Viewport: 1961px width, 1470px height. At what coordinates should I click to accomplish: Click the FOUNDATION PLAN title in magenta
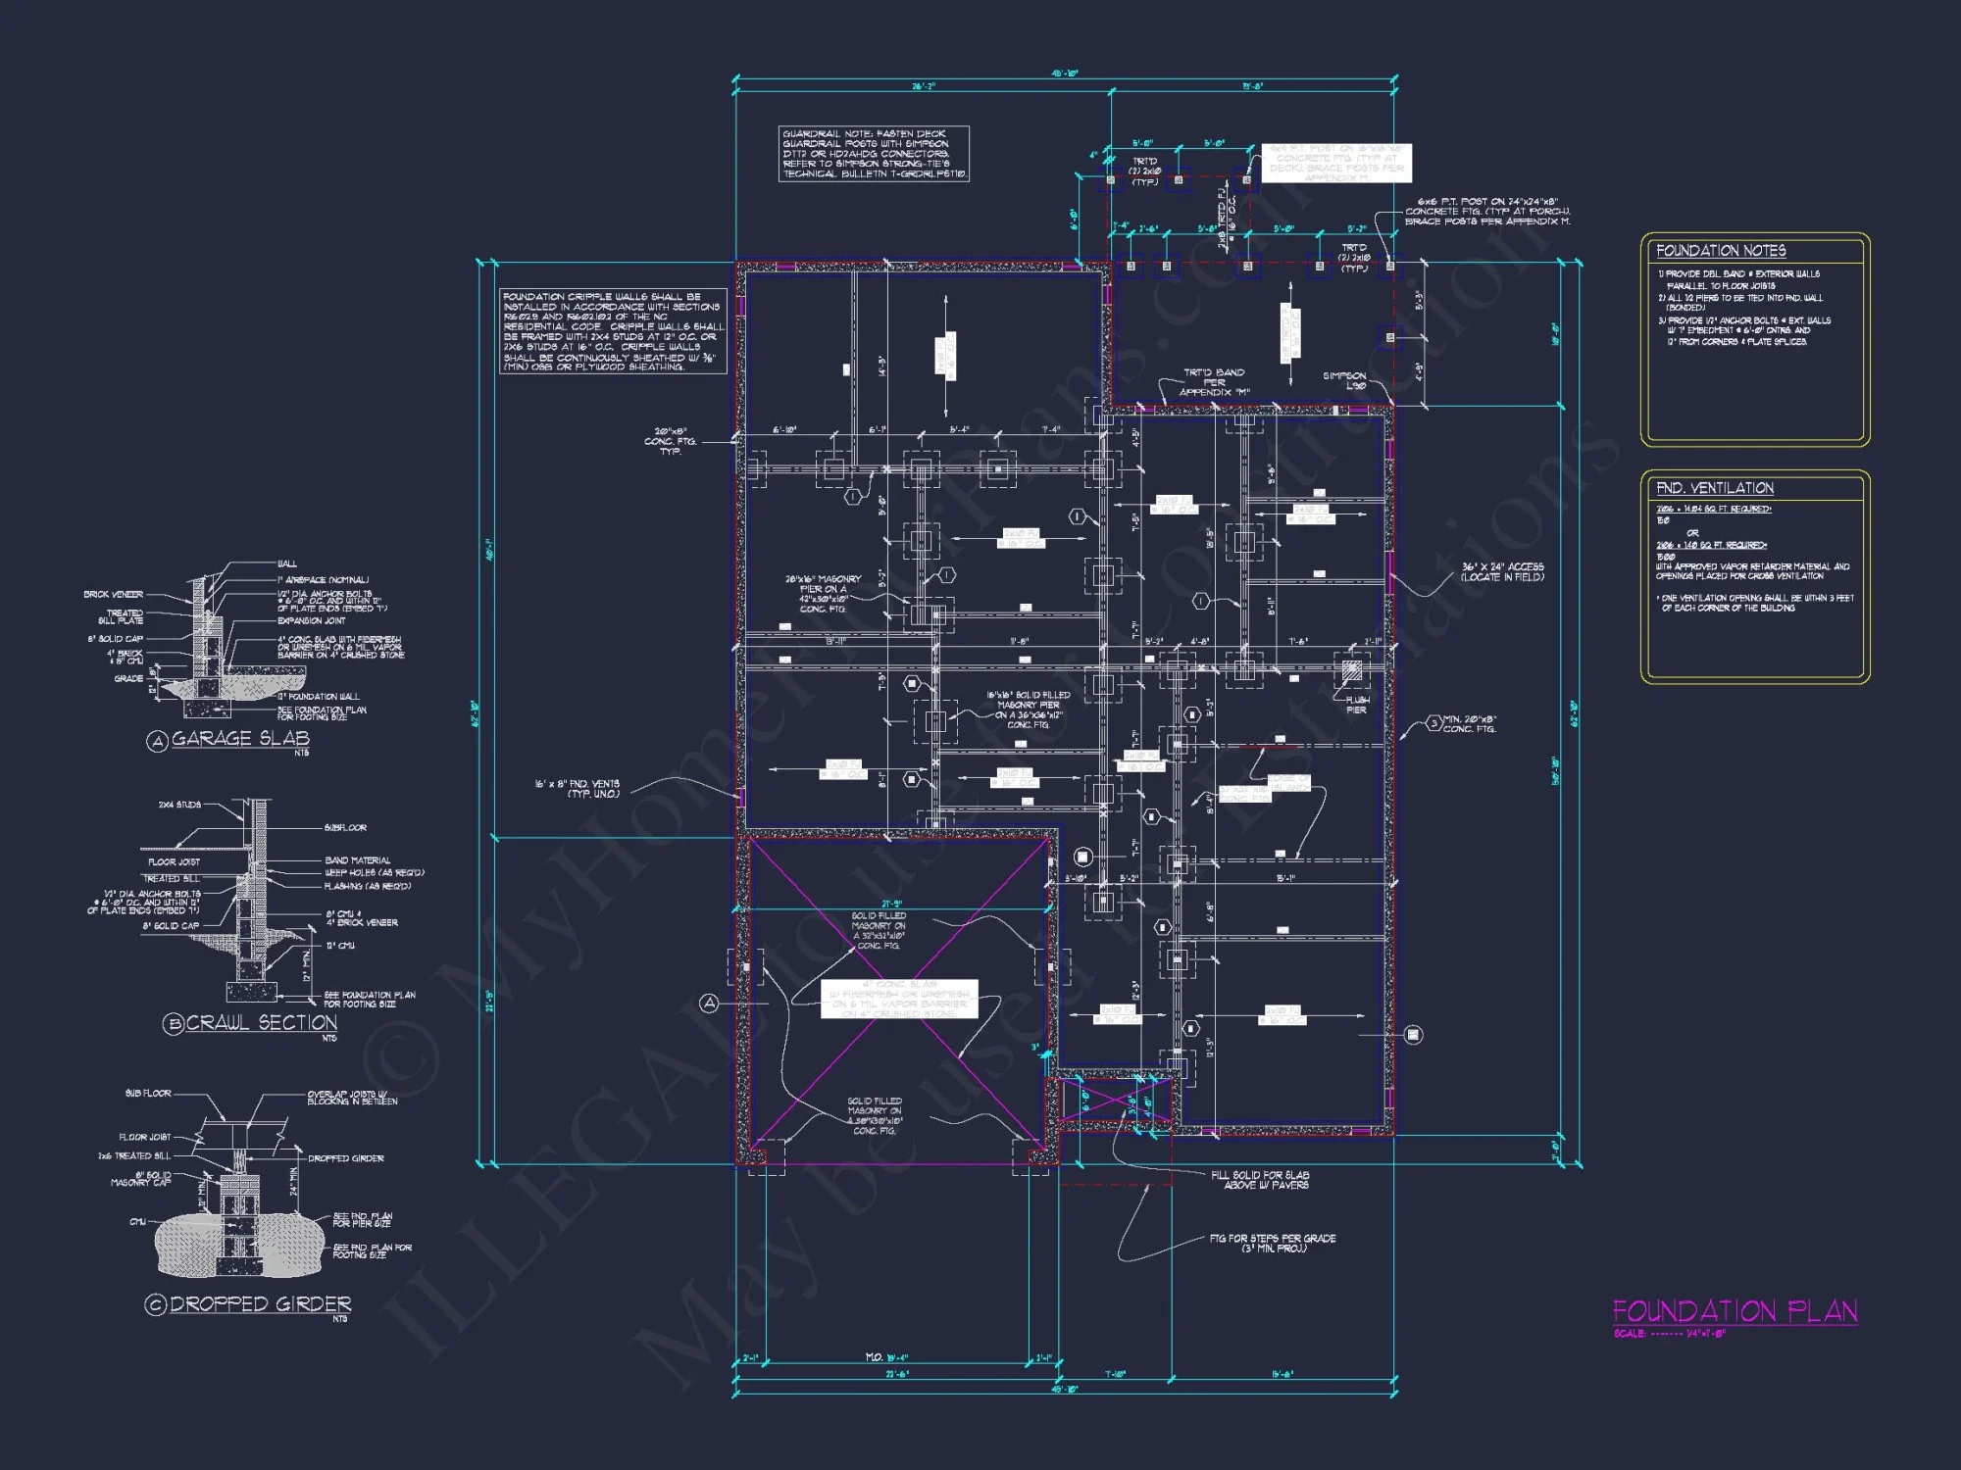click(1735, 1311)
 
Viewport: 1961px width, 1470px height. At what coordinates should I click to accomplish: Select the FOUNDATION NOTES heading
click(1721, 251)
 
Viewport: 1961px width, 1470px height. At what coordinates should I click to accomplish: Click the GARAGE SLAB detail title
click(240, 739)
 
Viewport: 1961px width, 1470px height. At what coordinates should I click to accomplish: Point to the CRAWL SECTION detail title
click(261, 1023)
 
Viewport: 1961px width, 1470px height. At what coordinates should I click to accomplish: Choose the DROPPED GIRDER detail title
click(260, 1304)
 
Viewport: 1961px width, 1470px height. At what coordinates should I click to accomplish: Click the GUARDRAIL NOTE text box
click(874, 154)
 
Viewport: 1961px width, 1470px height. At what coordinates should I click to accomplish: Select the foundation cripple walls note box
click(613, 331)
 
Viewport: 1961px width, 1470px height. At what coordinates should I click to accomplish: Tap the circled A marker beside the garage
click(709, 1003)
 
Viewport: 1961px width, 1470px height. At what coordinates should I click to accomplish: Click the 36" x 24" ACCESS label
click(1502, 572)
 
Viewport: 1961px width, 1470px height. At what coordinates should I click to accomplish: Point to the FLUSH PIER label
click(1357, 705)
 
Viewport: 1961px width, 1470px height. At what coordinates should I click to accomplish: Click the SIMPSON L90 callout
click(1344, 380)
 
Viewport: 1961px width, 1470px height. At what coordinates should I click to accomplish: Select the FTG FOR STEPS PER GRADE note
click(1273, 1243)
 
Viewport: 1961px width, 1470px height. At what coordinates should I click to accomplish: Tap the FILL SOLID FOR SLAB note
click(1260, 1179)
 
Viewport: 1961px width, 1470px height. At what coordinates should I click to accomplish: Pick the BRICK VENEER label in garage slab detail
click(113, 595)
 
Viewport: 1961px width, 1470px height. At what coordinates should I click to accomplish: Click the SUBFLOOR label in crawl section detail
click(345, 828)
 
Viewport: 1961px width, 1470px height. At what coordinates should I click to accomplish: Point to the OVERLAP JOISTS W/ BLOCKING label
click(352, 1098)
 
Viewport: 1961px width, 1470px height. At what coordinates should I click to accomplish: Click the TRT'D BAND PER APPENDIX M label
click(1214, 382)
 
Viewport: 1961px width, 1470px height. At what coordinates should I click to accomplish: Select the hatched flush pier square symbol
click(1352, 672)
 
